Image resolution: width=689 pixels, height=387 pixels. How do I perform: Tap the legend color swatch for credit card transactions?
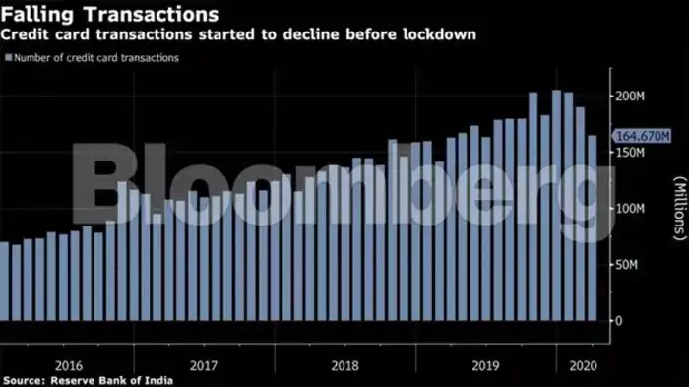tap(9, 58)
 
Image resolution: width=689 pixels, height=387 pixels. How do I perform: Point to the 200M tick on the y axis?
tap(629, 97)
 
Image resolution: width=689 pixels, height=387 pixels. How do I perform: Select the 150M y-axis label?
tap(629, 154)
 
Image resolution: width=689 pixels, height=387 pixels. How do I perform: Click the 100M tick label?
tap(629, 209)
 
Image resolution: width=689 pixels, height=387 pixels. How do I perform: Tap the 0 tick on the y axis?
tap(620, 321)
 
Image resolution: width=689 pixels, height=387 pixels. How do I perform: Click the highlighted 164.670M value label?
tap(642, 136)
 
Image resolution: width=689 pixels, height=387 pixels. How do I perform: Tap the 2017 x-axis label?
tap(203, 363)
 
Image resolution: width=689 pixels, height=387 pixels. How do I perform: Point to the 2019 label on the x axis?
tap(486, 363)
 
